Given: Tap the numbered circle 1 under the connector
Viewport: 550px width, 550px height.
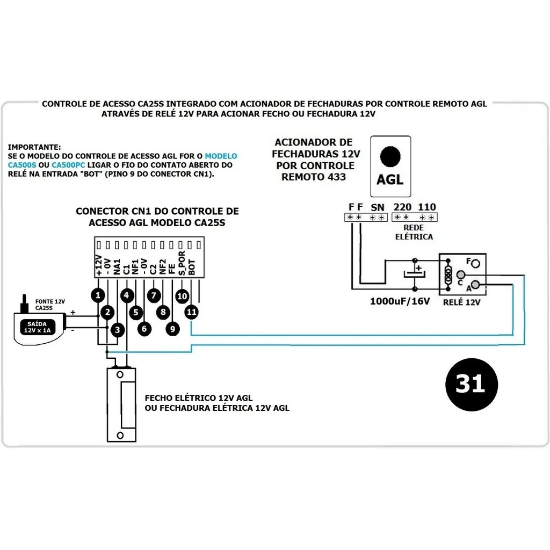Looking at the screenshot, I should click(x=97, y=295).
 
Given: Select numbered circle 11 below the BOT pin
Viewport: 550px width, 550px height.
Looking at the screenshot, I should click(x=191, y=311).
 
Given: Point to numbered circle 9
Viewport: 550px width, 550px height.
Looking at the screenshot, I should click(x=172, y=329).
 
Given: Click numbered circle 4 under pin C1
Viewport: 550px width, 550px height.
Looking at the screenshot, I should click(x=126, y=295).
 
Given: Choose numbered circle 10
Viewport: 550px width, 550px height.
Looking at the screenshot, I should click(x=182, y=295).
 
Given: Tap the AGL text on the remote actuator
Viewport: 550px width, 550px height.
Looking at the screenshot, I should click(x=390, y=179).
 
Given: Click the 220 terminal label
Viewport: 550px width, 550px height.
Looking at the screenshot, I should click(x=402, y=207).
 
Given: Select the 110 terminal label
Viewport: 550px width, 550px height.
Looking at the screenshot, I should click(x=427, y=207).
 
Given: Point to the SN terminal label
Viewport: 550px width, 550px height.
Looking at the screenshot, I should click(x=378, y=207).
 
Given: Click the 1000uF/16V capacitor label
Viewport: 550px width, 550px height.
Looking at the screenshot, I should click(x=400, y=301).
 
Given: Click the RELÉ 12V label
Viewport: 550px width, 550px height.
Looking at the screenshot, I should click(x=461, y=302).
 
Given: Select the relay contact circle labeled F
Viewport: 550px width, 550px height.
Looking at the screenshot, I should click(x=475, y=263).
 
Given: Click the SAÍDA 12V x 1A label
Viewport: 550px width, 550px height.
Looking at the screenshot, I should click(x=37, y=327).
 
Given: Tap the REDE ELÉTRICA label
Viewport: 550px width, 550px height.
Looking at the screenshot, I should click(x=414, y=233).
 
